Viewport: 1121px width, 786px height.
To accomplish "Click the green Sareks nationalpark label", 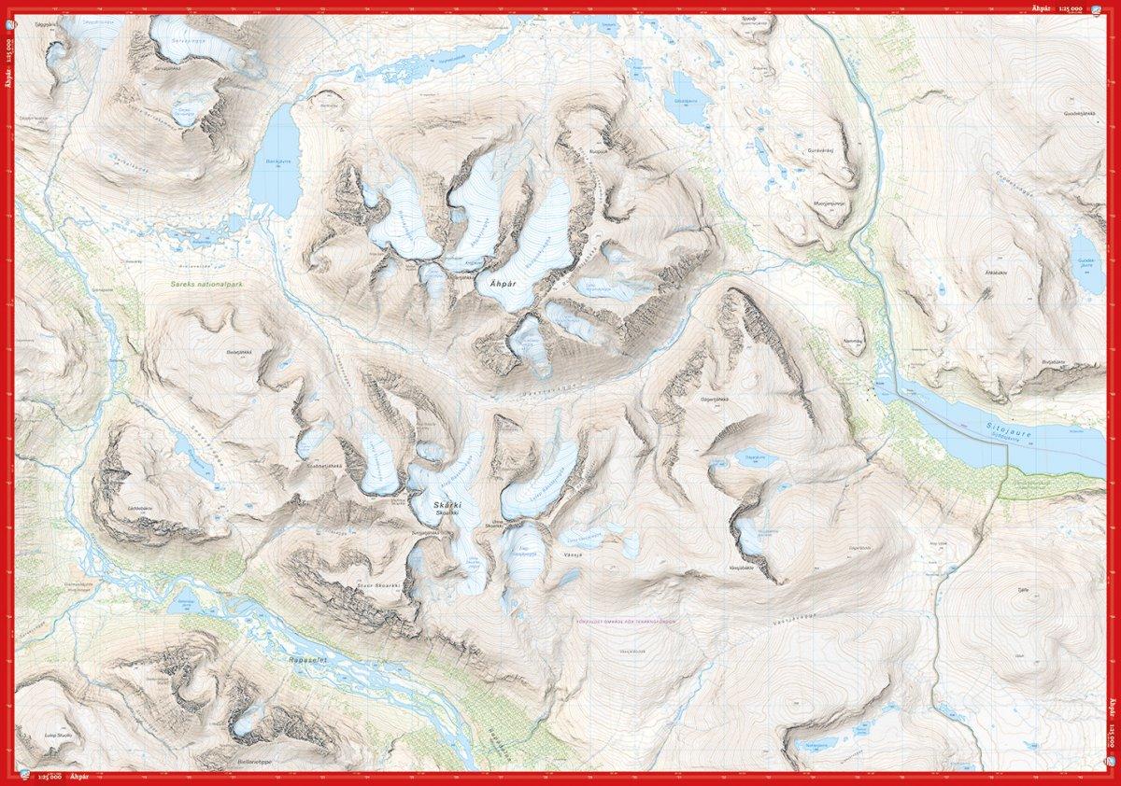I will (x=200, y=282).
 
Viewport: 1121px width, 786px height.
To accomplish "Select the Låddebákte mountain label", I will (x=140, y=495).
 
